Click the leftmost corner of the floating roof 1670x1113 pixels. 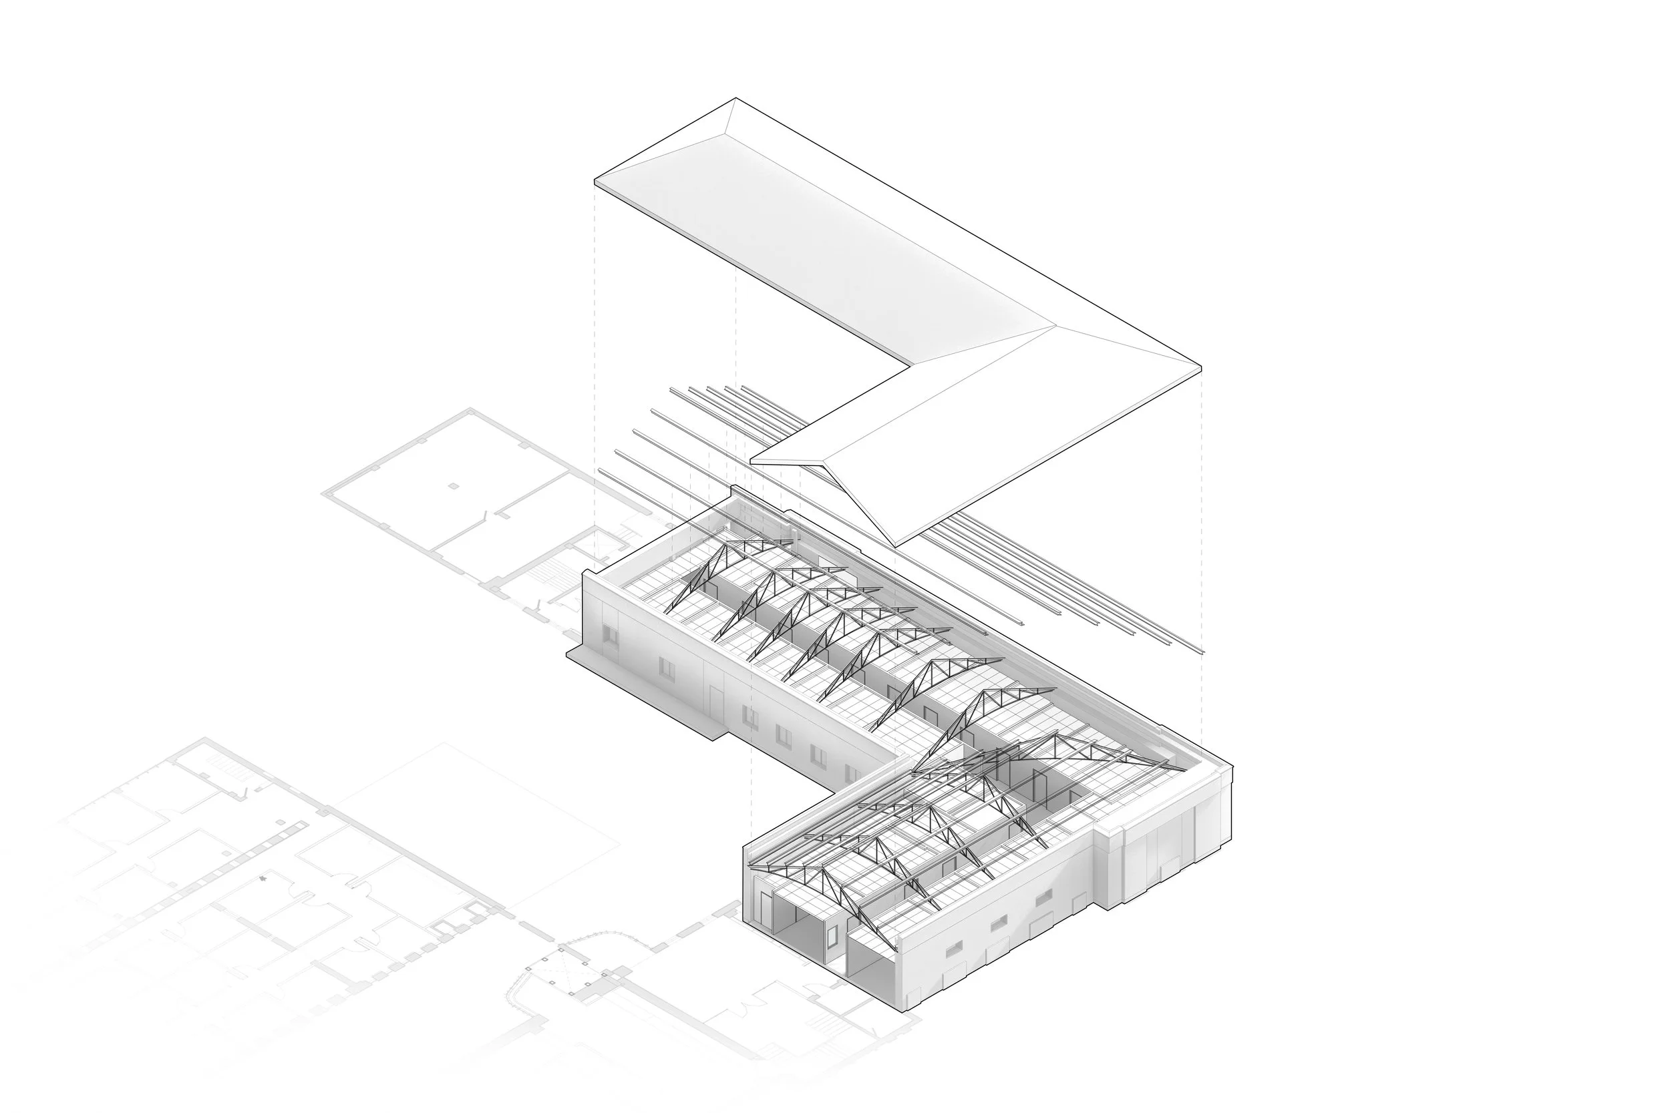(595, 182)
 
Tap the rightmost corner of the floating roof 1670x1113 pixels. (1200, 368)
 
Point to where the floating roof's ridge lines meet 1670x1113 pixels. (1057, 326)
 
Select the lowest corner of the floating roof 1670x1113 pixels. (896, 546)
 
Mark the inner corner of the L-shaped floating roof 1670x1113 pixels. (911, 367)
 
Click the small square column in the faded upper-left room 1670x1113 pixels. (454, 486)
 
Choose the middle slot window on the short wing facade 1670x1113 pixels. (999, 923)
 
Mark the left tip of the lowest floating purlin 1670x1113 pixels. (600, 470)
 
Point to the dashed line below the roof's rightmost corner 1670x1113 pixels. (1200, 553)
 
